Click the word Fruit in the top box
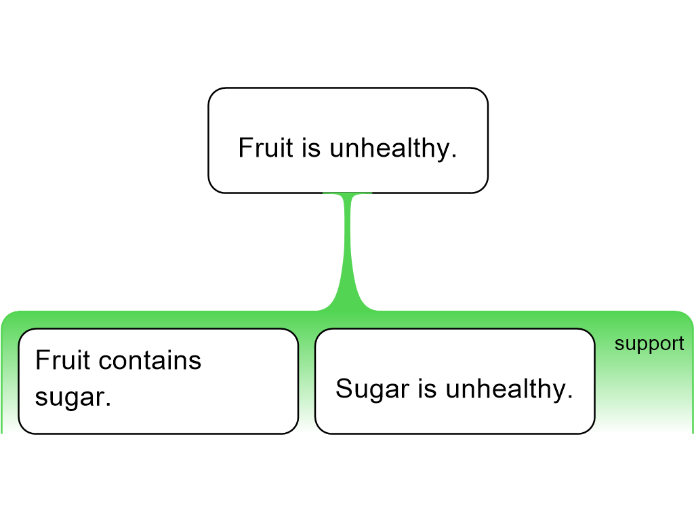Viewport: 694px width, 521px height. pos(266,147)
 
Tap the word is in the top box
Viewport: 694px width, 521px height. pos(311,147)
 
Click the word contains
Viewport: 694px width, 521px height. pos(150,360)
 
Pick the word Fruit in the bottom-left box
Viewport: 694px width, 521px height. pos(62,360)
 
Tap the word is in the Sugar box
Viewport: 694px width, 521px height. pos(428,389)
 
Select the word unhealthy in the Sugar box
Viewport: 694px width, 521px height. pos(505,389)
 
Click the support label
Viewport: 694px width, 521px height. pos(649,344)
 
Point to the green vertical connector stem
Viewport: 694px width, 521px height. pos(348,252)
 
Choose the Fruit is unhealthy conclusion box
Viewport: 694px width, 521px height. pos(348,140)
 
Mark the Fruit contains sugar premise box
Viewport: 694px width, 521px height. pos(159,381)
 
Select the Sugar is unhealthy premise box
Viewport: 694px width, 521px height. pos(455,381)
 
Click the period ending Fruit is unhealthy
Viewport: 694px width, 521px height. pos(454,156)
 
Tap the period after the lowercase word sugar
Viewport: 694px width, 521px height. pos(108,404)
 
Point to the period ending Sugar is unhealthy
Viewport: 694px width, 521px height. pos(570,396)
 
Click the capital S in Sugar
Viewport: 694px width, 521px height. pos(344,389)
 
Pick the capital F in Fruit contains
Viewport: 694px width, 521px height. pos(43,360)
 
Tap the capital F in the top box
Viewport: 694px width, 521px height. pos(245,147)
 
